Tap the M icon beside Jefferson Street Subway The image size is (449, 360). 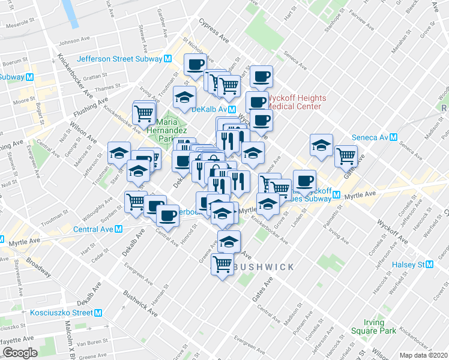tap(168, 59)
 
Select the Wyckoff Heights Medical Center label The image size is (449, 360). tap(297, 102)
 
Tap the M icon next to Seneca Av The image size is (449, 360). tap(394, 137)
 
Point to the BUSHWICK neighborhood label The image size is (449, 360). tap(264, 267)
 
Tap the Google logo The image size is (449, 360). tap(20, 353)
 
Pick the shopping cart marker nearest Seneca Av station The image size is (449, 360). tap(346, 155)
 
